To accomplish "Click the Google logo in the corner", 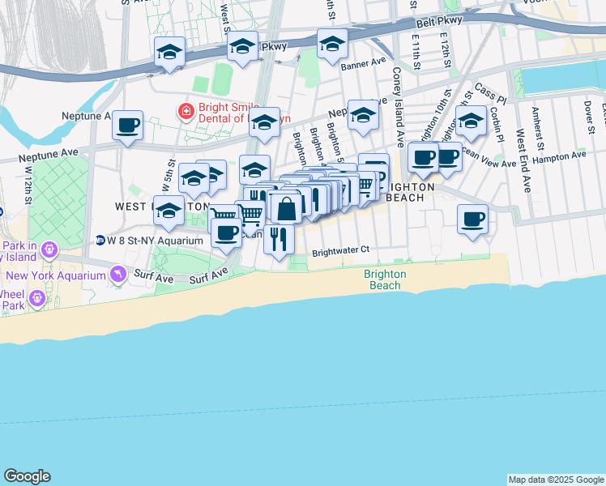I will [x=27, y=476].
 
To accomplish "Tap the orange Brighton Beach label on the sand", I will [x=385, y=279].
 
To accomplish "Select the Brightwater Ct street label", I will [x=340, y=250].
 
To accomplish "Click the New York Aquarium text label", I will [x=65, y=275].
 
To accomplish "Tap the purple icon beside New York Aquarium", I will [x=119, y=275].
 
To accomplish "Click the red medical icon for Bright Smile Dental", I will [x=186, y=109].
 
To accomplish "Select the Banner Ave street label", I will [x=364, y=63].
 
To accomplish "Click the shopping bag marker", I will [x=286, y=208].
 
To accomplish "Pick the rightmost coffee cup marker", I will [x=473, y=218].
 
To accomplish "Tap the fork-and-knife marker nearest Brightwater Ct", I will [x=279, y=238].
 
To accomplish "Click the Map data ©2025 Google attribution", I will [x=556, y=480].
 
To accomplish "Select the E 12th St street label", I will [x=445, y=50].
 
